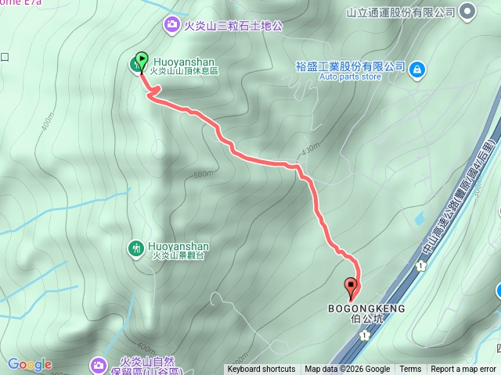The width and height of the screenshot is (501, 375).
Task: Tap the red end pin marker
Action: [351, 287]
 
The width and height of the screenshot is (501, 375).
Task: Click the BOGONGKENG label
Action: [366, 309]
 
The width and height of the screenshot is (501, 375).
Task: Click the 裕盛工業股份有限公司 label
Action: [351, 67]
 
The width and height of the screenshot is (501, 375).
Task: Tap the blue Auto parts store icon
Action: [417, 69]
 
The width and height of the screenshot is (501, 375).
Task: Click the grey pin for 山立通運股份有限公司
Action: [467, 12]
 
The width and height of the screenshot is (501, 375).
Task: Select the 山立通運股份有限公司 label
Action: [400, 12]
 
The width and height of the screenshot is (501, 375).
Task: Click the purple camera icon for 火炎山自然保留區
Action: [99, 364]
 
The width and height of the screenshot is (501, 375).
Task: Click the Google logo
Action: [30, 364]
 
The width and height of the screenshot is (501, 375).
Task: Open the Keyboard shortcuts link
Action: [261, 370]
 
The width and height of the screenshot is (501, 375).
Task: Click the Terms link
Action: [410, 370]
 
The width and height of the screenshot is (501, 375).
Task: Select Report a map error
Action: [463, 370]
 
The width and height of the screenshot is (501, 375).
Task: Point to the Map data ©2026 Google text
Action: [347, 370]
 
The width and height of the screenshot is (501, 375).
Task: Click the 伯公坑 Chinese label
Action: [367, 319]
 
